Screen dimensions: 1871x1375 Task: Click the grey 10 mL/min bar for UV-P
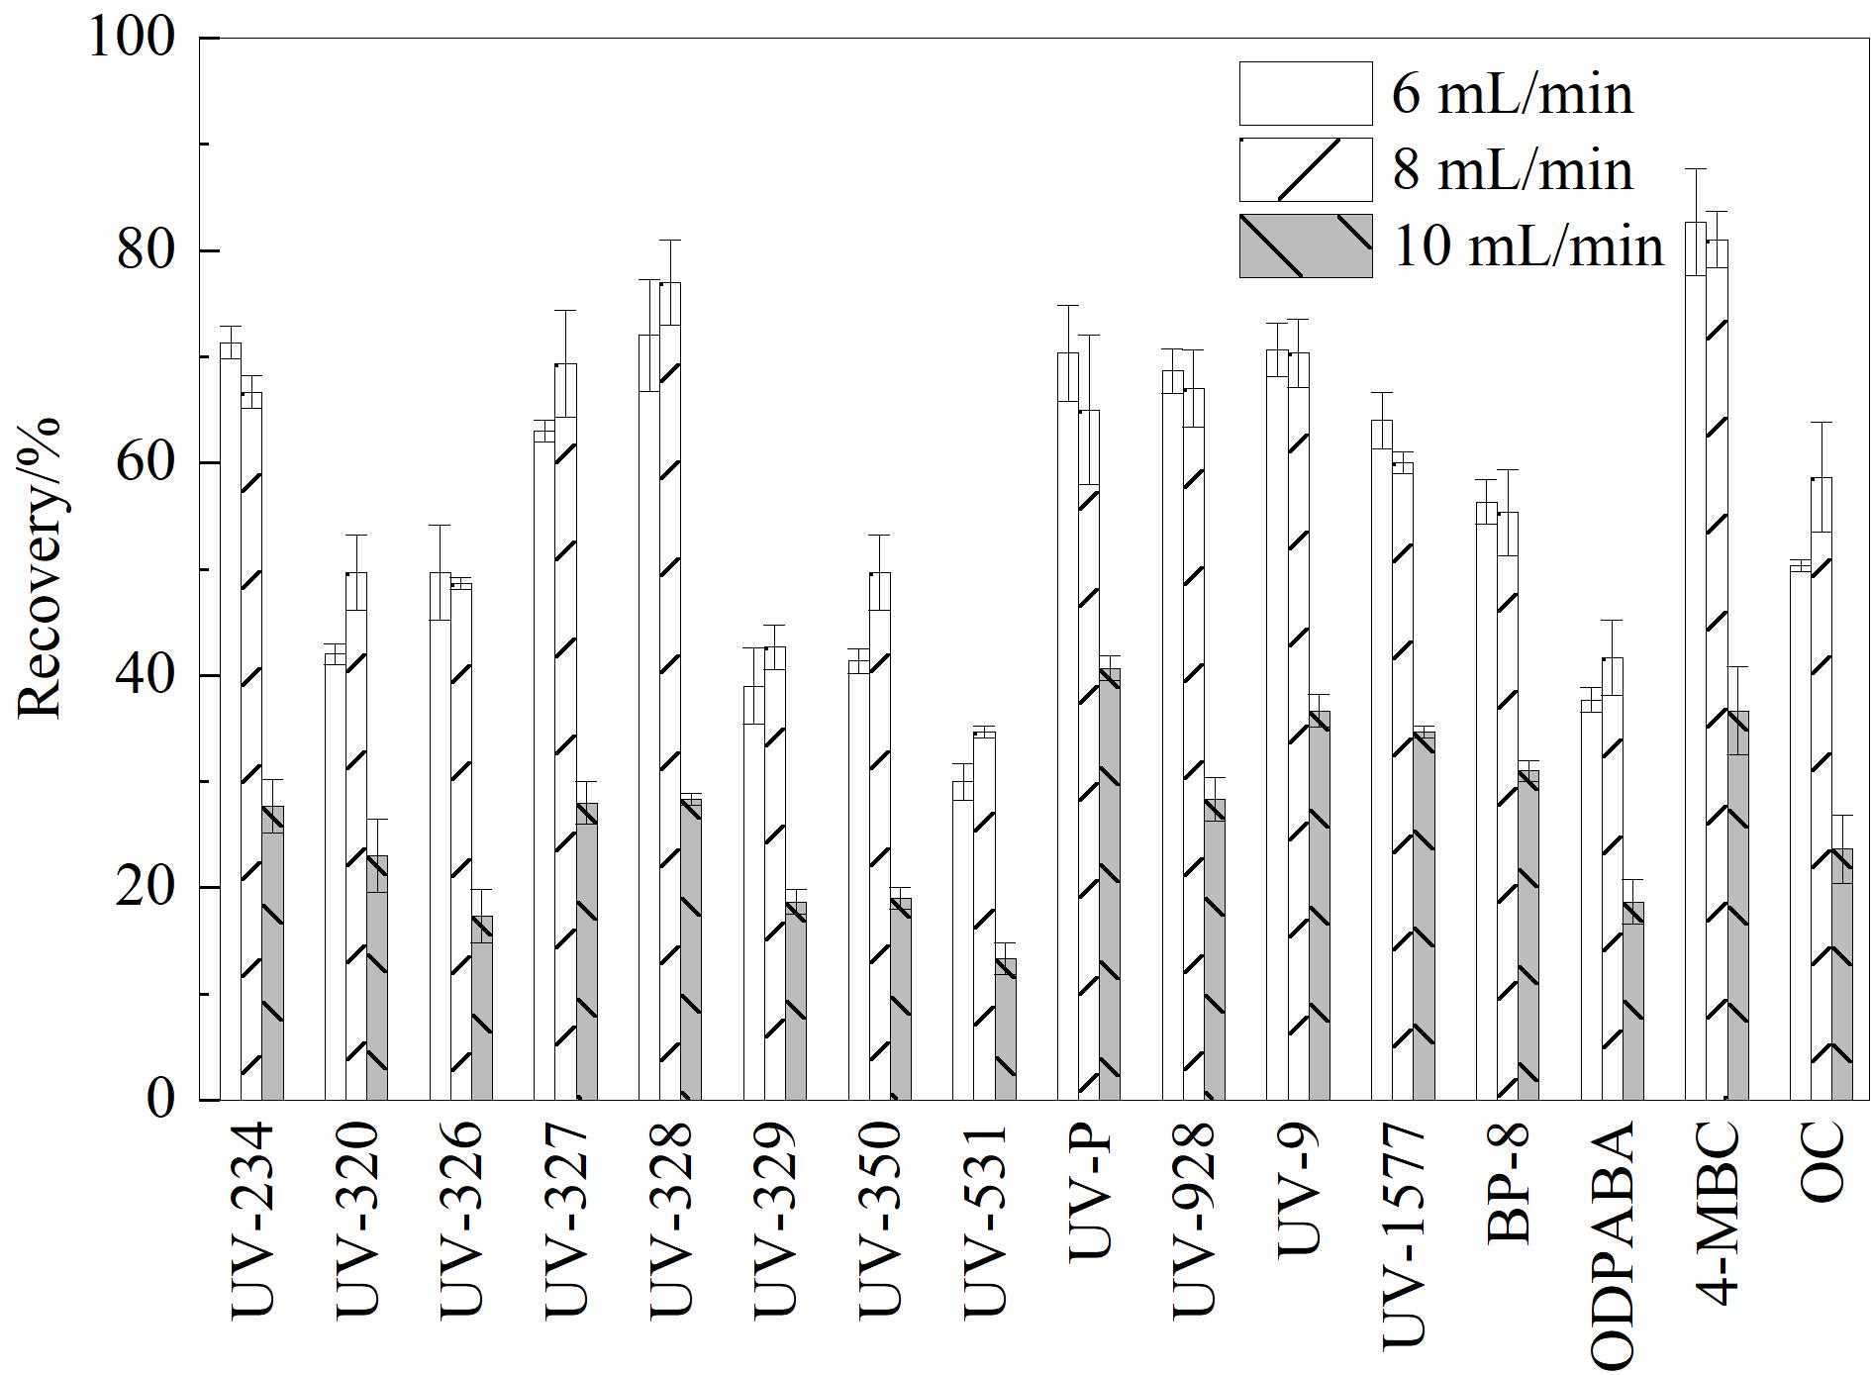tap(1109, 884)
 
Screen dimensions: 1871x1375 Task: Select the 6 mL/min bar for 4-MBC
tap(1696, 660)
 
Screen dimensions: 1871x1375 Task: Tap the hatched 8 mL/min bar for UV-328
tap(670, 691)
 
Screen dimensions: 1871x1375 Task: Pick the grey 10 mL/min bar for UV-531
tap(1005, 1030)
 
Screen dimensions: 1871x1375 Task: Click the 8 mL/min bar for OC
tap(1822, 788)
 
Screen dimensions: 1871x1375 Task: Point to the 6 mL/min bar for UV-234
tap(231, 721)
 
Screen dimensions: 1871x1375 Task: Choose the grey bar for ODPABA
tap(1632, 1001)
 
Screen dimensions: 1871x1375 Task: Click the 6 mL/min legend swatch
tap(1306, 93)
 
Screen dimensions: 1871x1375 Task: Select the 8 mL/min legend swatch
tap(1306, 169)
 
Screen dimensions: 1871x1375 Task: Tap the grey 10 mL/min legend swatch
tap(1306, 246)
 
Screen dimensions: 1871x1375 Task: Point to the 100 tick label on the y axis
tap(132, 38)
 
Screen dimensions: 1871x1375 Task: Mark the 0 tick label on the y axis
tap(161, 1099)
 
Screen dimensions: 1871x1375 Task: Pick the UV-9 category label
tap(1299, 1188)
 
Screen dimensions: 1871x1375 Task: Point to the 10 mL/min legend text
tap(1528, 246)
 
